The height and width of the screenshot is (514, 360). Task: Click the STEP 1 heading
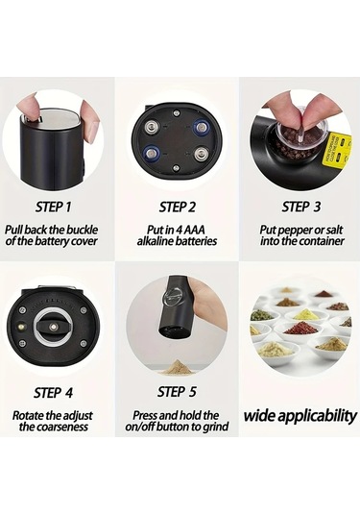[x=53, y=207]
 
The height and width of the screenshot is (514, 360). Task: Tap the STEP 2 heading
[x=178, y=207]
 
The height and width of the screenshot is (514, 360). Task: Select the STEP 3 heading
[x=301, y=207]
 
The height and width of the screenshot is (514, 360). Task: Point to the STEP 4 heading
[x=53, y=393]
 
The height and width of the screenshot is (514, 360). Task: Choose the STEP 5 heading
[x=177, y=392]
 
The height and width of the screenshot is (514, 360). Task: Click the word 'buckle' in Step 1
[x=82, y=230]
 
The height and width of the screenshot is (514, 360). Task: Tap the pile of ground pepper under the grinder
[x=177, y=368]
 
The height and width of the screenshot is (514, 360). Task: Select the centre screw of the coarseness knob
[x=53, y=327]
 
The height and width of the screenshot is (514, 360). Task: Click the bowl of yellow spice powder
[x=303, y=316]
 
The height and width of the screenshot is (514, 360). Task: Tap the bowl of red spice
[x=300, y=330]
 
